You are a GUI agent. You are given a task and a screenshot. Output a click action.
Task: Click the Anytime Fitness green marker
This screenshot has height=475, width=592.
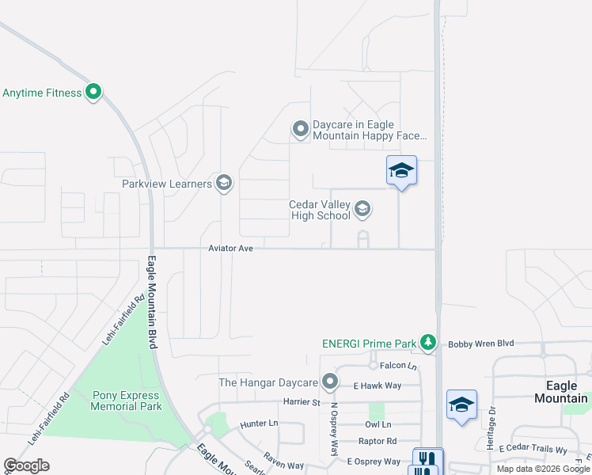pos(93,93)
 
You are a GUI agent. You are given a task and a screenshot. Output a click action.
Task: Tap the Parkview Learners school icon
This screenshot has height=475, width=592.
pos(223,184)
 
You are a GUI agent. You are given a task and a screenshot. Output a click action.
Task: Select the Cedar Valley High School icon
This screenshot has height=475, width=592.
pos(362,209)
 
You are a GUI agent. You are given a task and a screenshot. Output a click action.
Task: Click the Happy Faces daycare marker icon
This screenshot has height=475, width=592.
pos(300,129)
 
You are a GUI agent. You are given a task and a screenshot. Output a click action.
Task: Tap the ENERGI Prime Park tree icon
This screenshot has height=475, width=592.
pos(428,342)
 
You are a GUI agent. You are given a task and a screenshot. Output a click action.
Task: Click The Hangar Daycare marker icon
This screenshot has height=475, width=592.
pos(330,383)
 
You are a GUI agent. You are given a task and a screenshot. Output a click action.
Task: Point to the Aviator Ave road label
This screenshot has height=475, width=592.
pos(230,249)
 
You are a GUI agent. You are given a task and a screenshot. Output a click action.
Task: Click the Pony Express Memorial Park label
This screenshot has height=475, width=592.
pos(127,401)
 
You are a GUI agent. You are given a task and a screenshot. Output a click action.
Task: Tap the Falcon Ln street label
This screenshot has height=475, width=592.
pos(398,366)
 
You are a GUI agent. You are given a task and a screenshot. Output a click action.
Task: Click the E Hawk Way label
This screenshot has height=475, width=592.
pos(378,386)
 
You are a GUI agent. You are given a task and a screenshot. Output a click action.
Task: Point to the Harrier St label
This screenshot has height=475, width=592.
pos(302,402)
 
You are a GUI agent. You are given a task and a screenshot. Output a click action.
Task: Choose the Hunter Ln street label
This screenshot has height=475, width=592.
pos(260,424)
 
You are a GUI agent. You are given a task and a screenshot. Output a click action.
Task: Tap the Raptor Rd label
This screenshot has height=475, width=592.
pos(378,441)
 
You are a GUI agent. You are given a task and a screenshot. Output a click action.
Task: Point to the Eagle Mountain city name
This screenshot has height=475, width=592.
pos(560,392)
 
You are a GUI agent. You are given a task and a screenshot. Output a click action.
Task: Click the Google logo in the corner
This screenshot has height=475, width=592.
pos(26,465)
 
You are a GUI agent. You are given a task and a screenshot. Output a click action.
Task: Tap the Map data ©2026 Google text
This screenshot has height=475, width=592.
pos(542,469)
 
